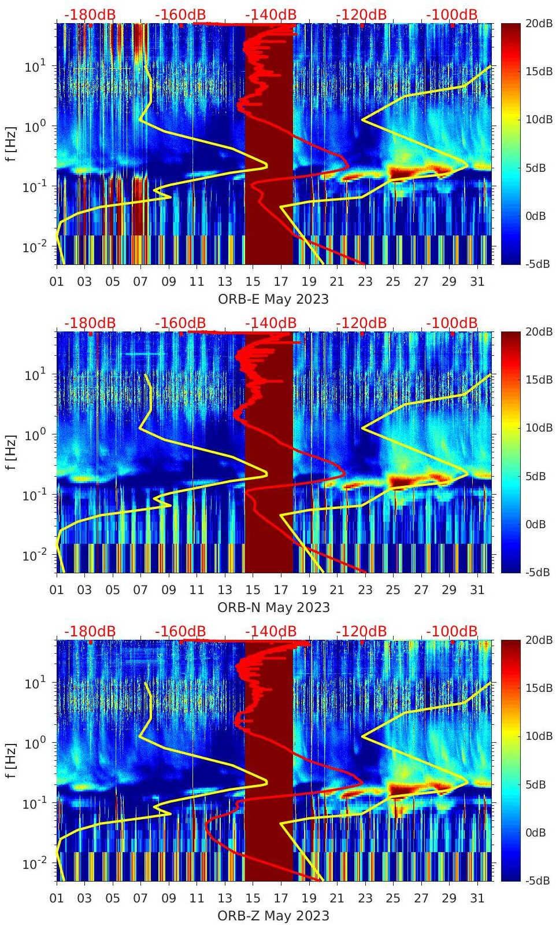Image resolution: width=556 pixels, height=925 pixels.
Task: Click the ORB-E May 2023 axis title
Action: (x=273, y=299)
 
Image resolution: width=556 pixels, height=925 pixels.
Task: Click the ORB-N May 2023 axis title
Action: (x=273, y=607)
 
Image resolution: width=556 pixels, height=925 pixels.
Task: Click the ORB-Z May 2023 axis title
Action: (x=273, y=916)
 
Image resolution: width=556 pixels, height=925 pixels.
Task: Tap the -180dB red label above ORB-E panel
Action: (x=90, y=14)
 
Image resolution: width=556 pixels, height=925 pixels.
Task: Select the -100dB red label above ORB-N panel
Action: (x=452, y=323)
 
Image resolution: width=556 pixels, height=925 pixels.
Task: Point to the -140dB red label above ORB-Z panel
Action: (x=270, y=631)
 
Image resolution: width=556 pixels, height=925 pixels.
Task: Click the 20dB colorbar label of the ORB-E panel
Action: (x=538, y=24)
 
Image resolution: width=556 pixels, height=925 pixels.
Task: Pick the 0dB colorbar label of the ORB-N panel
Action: (x=535, y=524)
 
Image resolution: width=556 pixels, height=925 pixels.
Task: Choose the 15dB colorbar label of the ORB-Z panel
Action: (x=538, y=688)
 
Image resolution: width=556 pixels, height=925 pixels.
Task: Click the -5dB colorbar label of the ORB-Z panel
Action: (x=537, y=880)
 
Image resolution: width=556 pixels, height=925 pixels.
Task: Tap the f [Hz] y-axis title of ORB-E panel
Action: (x=11, y=144)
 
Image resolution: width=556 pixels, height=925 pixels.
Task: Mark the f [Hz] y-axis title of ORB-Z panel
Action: (x=11, y=761)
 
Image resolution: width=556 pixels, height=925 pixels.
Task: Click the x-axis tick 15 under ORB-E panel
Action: (x=253, y=282)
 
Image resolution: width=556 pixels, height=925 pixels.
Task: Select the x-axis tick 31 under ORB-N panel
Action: (x=477, y=590)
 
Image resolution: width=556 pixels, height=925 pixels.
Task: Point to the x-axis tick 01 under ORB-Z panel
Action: (x=57, y=898)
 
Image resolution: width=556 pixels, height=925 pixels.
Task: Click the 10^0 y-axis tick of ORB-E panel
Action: (x=35, y=126)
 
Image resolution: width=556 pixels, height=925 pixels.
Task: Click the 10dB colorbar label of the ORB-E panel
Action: (x=538, y=120)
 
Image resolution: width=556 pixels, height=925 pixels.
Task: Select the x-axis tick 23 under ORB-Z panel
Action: (x=365, y=898)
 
